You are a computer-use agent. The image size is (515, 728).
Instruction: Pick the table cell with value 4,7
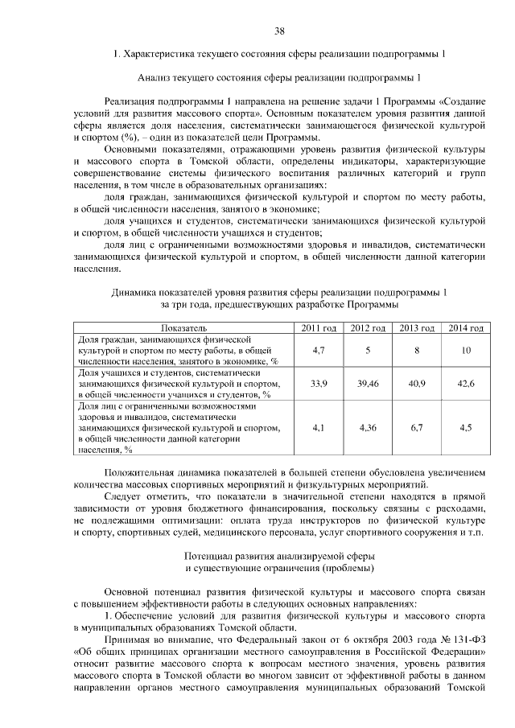point(318,351)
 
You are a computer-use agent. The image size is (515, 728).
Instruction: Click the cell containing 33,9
point(318,384)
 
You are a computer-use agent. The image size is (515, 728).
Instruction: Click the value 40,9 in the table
point(417,384)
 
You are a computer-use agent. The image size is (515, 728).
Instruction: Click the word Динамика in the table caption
point(136,292)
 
